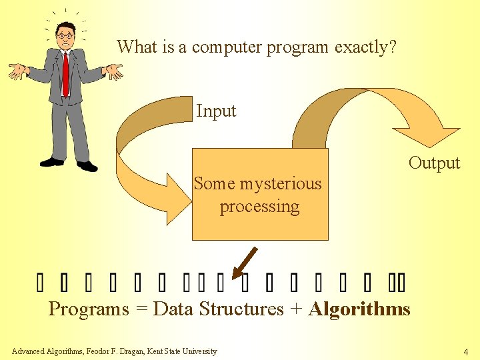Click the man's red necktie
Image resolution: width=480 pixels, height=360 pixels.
pyautogui.click(x=65, y=73)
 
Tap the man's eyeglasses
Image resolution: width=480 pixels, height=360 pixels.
pyautogui.click(x=65, y=35)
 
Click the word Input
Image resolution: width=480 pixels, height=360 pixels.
pyautogui.click(x=216, y=111)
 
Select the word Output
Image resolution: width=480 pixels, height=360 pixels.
pyautogui.click(x=434, y=163)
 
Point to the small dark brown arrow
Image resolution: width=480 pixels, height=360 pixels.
pyautogui.click(x=245, y=262)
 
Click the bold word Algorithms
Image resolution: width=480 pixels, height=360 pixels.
pyautogui.click(x=359, y=309)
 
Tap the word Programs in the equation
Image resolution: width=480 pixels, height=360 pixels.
pyautogui.click(x=89, y=309)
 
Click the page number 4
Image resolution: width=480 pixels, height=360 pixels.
pyautogui.click(x=466, y=351)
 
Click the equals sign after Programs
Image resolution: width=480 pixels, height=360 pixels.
pyautogui.click(x=141, y=309)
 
